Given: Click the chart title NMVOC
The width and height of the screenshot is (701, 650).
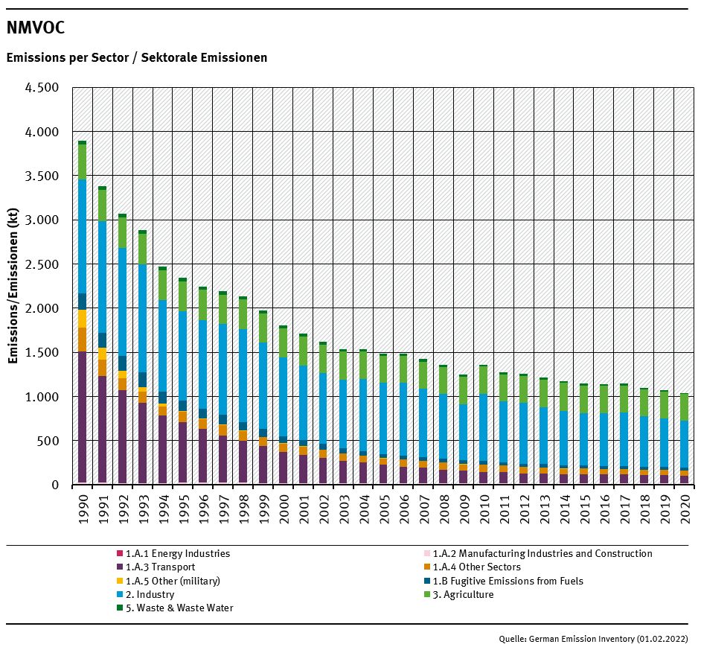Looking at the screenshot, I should pos(36,28).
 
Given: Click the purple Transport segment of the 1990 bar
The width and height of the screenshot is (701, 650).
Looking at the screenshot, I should pos(82,417).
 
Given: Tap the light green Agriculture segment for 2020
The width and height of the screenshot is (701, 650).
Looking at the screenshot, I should pos(684,407).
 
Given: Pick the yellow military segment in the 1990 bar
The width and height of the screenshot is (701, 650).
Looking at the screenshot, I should pos(82,319).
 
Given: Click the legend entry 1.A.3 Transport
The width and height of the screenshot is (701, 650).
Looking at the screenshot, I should pos(160,567).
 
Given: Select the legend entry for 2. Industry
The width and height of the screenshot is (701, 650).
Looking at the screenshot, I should pos(150,595).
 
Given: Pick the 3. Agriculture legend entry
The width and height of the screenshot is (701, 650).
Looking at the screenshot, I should pos(463,595).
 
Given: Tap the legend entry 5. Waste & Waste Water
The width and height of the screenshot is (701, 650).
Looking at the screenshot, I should pos(179,608).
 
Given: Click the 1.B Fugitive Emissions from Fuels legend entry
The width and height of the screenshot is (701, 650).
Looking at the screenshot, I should pos(508,581).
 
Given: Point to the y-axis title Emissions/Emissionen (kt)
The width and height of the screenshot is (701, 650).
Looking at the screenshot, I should pos(13,286).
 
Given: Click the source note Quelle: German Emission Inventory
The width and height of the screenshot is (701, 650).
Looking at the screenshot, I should pos(593,639).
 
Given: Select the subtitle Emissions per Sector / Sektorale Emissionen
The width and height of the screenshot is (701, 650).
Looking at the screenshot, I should pos(137,57).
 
